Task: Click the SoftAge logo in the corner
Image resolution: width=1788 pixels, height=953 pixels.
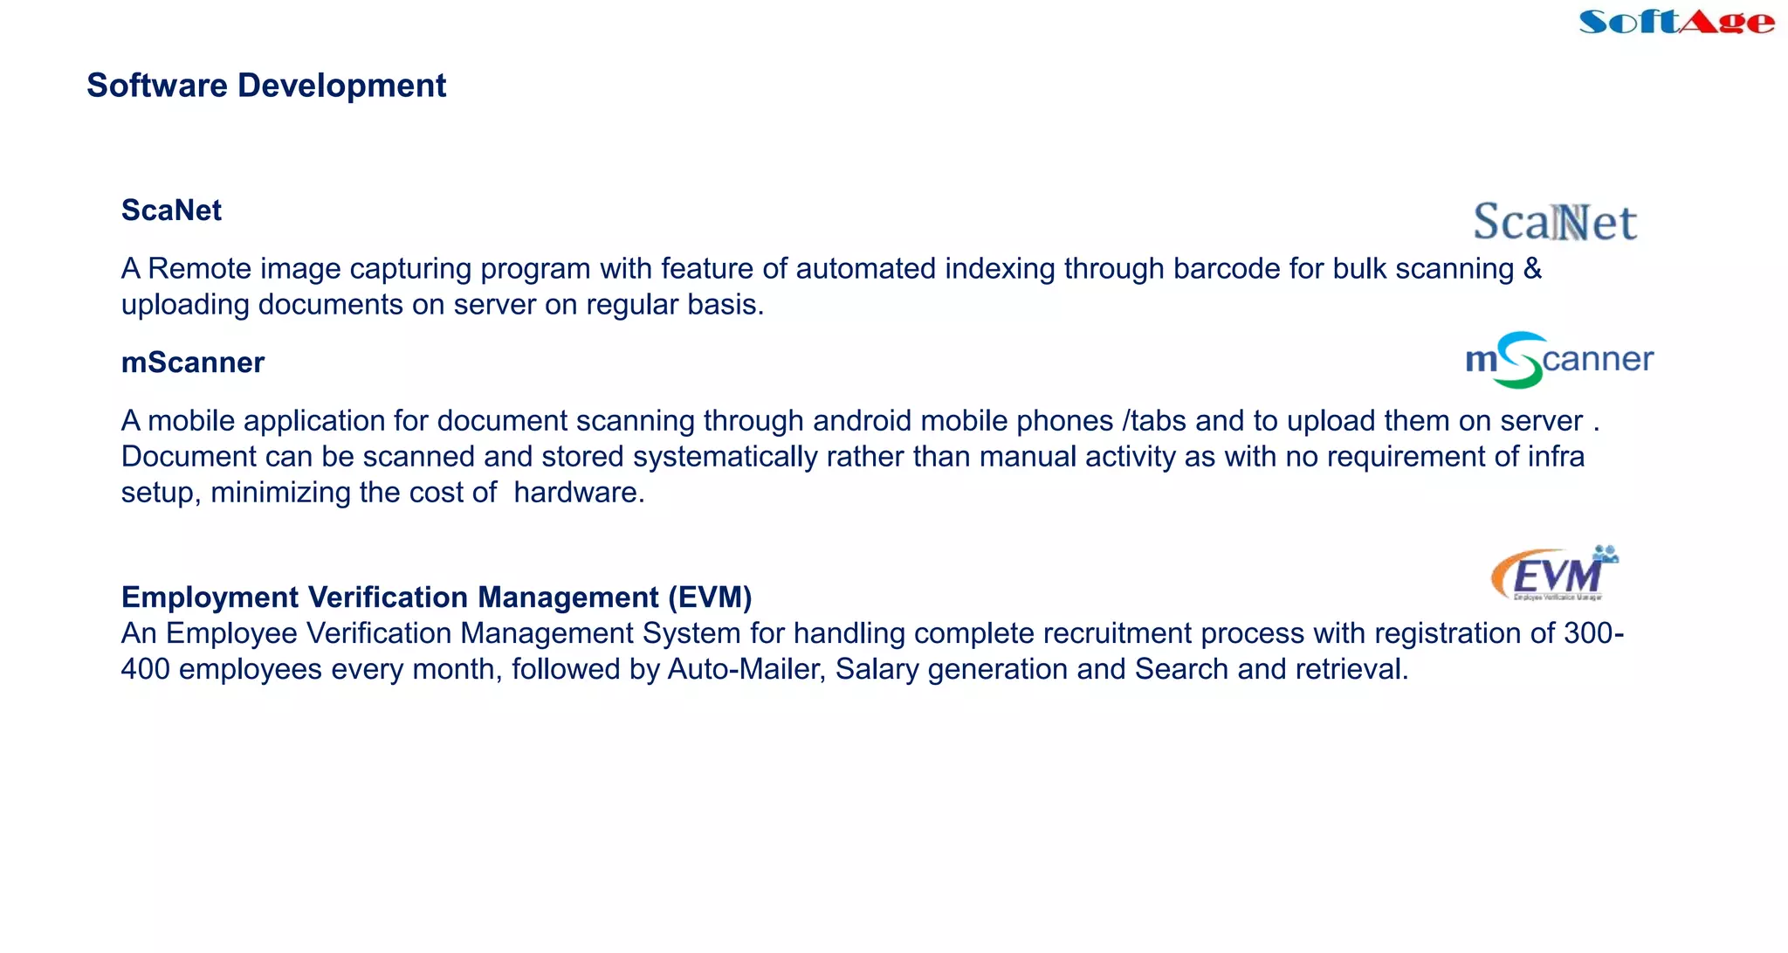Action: pos(1676,21)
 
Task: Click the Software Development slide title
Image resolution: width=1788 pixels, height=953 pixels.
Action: pos(266,86)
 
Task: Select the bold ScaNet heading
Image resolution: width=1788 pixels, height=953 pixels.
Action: pos(171,211)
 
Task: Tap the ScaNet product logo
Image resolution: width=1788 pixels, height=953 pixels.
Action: pos(1555,222)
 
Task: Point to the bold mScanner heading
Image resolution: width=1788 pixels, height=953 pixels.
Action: pos(192,363)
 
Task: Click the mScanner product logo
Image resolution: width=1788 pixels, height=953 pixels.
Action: pos(1559,360)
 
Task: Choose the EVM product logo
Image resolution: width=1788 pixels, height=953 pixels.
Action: pos(1555,574)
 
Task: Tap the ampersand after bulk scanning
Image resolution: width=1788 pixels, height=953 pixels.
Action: pos(1532,268)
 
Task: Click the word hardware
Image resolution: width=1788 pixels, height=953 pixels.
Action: pos(578,493)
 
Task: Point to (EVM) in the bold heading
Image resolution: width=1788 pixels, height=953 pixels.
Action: pos(710,597)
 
